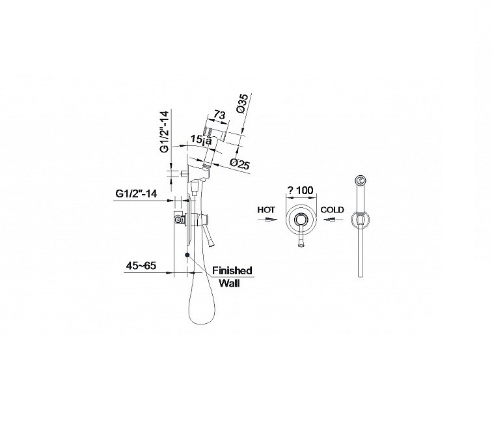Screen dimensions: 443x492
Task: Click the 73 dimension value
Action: click(x=219, y=115)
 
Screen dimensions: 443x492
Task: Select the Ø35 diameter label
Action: click(x=243, y=104)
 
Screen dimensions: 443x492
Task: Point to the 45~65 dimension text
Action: click(x=142, y=266)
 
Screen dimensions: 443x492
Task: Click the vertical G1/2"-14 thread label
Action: click(x=165, y=132)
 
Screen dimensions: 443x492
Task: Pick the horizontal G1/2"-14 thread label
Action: click(x=135, y=193)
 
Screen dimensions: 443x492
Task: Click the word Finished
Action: click(x=232, y=270)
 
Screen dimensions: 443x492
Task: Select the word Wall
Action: click(x=228, y=283)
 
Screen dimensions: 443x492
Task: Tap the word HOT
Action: click(x=266, y=210)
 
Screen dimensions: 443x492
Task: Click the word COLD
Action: click(x=332, y=210)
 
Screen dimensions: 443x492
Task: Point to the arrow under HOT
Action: click(x=267, y=220)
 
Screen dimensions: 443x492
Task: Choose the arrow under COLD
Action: click(x=331, y=220)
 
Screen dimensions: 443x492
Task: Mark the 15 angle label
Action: click(x=198, y=138)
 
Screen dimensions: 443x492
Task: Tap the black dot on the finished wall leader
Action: click(x=187, y=254)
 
